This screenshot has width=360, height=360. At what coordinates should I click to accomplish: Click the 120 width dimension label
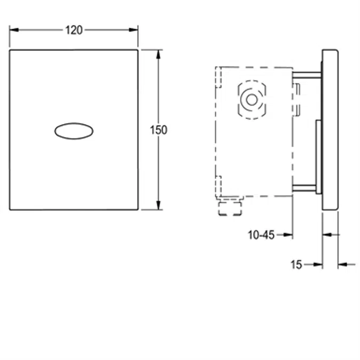point(74,30)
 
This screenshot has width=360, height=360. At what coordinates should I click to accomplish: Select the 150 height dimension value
point(158,130)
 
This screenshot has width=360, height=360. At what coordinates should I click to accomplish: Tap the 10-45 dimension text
point(261,234)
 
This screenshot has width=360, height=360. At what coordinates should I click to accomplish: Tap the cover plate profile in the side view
point(330,130)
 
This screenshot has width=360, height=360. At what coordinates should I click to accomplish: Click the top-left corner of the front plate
point(10,50)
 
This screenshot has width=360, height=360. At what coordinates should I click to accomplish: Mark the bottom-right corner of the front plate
point(138,209)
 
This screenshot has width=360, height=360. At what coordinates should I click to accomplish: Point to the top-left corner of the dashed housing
point(216,67)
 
